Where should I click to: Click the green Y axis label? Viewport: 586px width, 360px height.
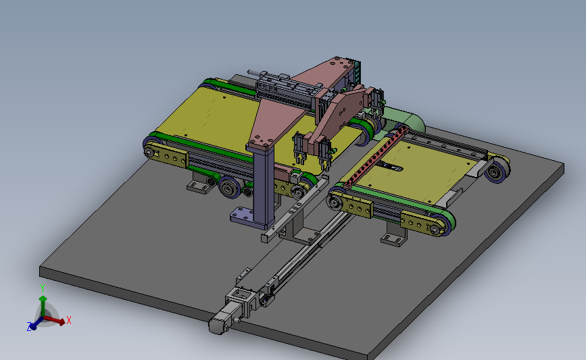point(42,288)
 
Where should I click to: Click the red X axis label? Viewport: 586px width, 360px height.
point(69,320)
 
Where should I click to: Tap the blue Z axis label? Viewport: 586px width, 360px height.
point(29,327)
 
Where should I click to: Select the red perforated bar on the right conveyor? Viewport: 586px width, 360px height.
point(376,156)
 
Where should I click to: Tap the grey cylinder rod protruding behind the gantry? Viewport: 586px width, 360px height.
point(252,72)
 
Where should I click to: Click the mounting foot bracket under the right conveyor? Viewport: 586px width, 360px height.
point(395,236)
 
